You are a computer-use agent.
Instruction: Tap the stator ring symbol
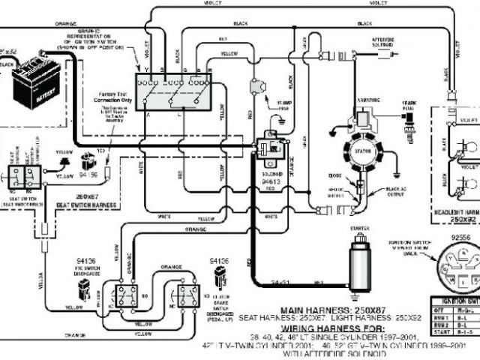pos(361,150)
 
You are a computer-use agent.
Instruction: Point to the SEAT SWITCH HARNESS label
pos(87,205)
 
